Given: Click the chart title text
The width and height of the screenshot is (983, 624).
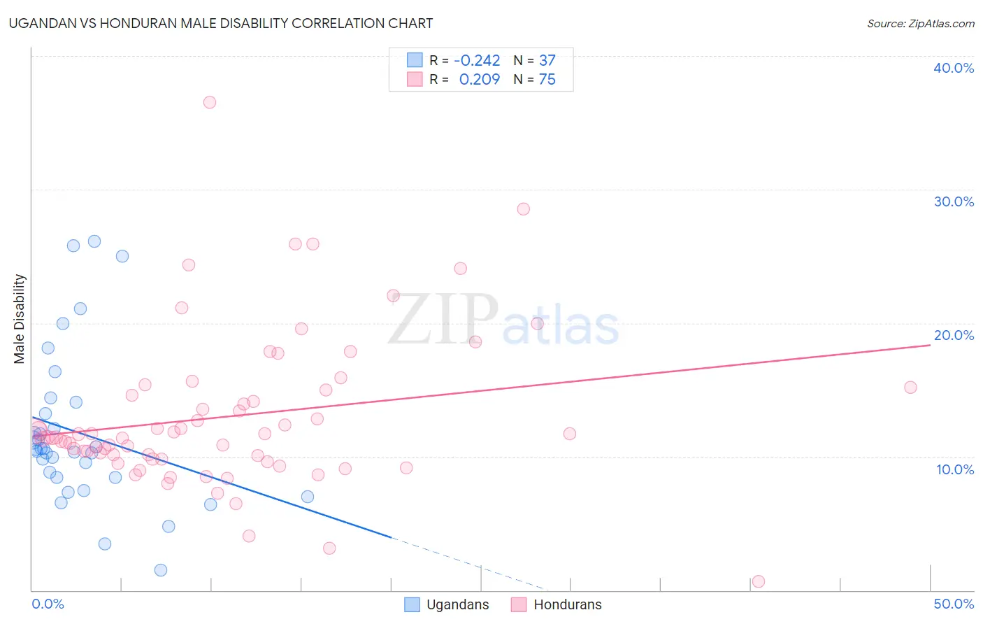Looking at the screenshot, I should coord(221,23).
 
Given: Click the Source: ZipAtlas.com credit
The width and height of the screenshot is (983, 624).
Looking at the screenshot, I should coord(920,23).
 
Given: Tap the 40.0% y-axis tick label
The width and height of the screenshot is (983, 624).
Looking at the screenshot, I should coord(954,68).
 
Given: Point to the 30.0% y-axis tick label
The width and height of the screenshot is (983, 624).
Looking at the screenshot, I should coord(954,201).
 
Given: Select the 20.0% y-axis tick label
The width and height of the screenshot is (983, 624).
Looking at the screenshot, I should coord(954,335).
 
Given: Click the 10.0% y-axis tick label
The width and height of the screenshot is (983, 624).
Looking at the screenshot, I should coord(955,469).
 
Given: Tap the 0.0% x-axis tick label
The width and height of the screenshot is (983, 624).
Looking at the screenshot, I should coord(48,604).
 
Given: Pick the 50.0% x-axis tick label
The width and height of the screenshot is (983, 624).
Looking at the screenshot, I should coord(954,604).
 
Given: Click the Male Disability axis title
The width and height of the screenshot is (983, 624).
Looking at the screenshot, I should coord(20,318).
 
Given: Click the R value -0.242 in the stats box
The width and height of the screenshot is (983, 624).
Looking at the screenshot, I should coord(477,61).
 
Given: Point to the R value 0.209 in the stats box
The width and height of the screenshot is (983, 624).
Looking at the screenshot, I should coord(479,80).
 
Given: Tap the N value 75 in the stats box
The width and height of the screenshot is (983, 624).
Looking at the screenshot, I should coord(547,80).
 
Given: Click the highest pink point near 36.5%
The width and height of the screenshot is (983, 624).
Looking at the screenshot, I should coord(209,102).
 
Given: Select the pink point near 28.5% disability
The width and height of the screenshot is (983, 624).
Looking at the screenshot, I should coord(523,209).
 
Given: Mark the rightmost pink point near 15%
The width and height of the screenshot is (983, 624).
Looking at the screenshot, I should coord(910,388).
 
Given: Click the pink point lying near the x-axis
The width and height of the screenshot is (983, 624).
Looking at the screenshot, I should coord(758,581).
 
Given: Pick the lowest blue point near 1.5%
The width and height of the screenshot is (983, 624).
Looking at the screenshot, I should coord(161,570).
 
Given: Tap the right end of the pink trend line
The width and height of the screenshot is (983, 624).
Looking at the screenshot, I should coord(930,346).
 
